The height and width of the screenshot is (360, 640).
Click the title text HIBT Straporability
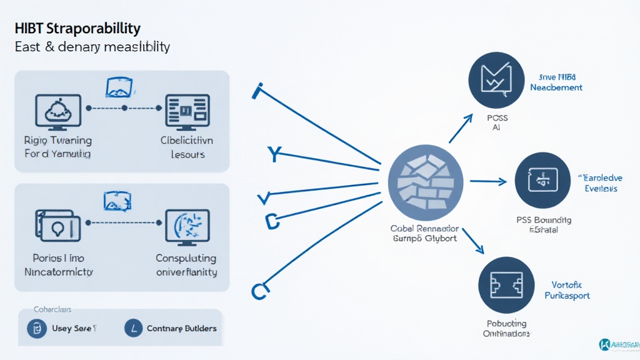pos(76,29)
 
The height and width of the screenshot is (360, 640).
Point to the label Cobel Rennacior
pos(424,228)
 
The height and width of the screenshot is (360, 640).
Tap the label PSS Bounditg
pos(543,220)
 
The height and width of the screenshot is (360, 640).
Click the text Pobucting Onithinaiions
pos(506,328)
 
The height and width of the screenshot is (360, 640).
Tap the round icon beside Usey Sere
pos(37,327)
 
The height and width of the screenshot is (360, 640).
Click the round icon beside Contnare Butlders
pos(134,327)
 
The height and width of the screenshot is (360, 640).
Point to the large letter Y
pos(273,154)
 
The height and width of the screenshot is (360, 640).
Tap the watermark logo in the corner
pos(605,344)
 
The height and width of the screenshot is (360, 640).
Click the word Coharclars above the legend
pos(52,309)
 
